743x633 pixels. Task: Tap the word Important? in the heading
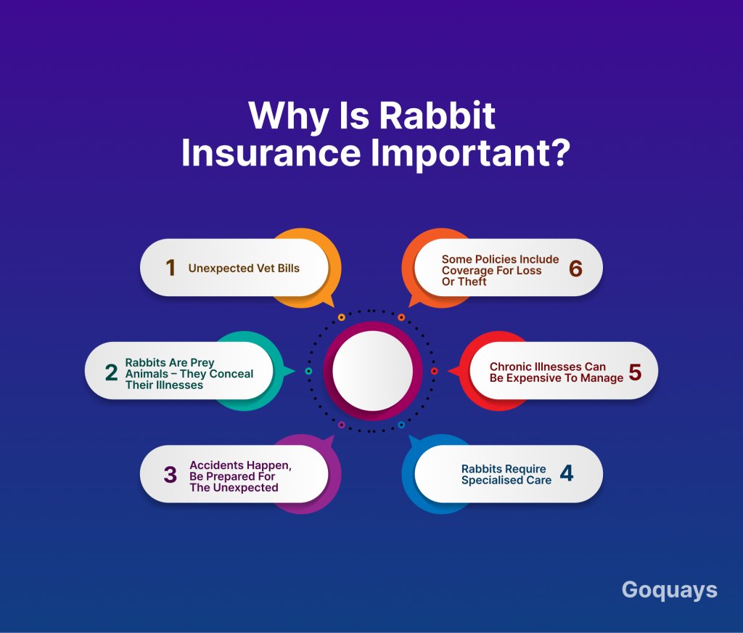469,152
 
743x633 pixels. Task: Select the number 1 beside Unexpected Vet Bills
171,268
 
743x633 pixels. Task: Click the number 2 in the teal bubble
111,372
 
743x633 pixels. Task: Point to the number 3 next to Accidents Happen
170,475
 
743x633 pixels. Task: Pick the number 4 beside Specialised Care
567,473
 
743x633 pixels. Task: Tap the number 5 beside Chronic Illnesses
635,372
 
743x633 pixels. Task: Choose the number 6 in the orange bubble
575,269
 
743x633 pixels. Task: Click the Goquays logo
669,591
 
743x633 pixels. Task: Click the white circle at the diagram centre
372,371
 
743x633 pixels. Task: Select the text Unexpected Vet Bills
244,269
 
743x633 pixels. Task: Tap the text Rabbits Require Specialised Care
506,475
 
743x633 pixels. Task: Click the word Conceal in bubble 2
231,374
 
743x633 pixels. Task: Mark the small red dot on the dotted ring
434,371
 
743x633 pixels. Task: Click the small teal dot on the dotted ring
308,371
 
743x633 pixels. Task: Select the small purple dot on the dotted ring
341,425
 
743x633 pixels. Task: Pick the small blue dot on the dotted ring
401,425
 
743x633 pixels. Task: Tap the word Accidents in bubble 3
215,465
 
